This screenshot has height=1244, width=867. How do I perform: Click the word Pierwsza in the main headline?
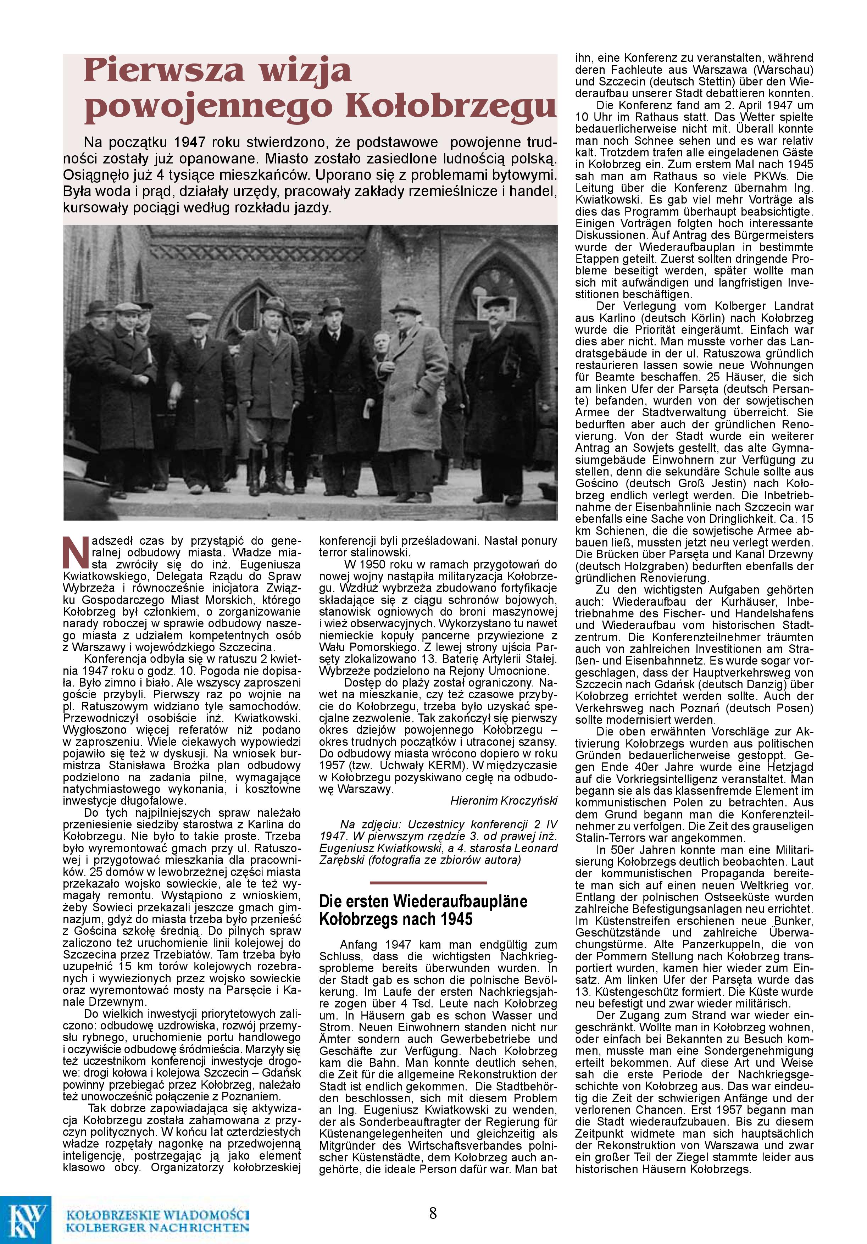(162, 71)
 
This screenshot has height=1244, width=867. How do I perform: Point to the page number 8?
(433, 1212)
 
